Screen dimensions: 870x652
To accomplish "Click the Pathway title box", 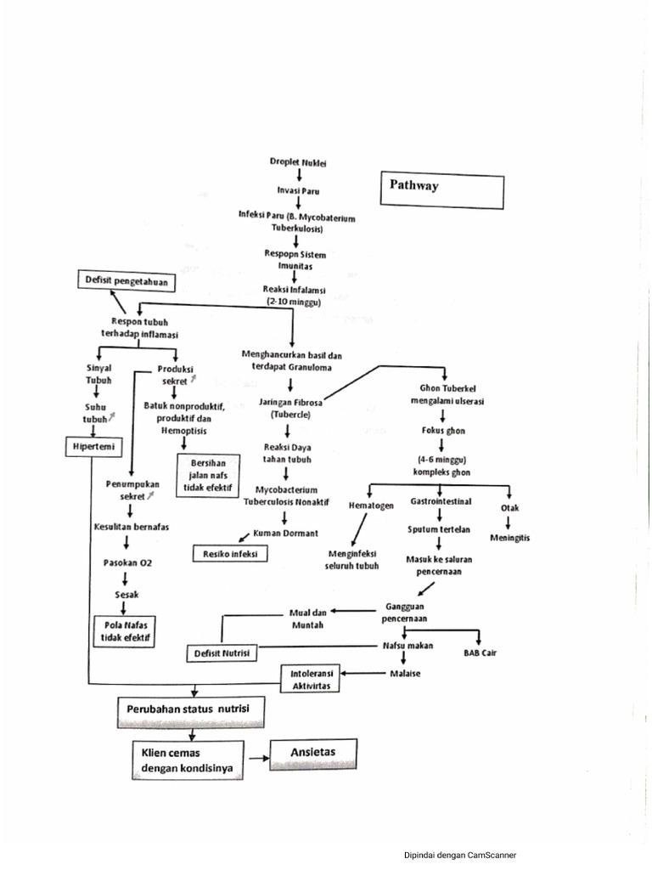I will tap(441, 191).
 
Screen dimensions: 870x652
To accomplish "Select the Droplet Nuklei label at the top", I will tap(298, 161).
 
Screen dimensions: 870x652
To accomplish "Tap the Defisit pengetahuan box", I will tap(126, 280).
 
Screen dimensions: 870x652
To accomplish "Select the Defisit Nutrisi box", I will tap(222, 653).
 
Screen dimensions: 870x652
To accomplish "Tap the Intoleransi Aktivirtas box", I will tap(310, 678).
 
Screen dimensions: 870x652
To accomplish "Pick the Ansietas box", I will tap(313, 753).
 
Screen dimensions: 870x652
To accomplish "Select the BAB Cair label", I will tap(480, 653).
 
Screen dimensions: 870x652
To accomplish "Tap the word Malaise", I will tap(405, 674).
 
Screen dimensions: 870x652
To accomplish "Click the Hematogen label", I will tap(371, 506).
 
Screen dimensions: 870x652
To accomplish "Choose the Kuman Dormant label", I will tap(286, 533).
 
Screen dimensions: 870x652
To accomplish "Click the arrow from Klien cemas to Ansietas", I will tap(256, 754).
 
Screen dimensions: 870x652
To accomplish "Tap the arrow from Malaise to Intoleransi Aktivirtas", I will tap(360, 674).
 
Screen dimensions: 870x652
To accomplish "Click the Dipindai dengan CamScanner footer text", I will tap(459, 855).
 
